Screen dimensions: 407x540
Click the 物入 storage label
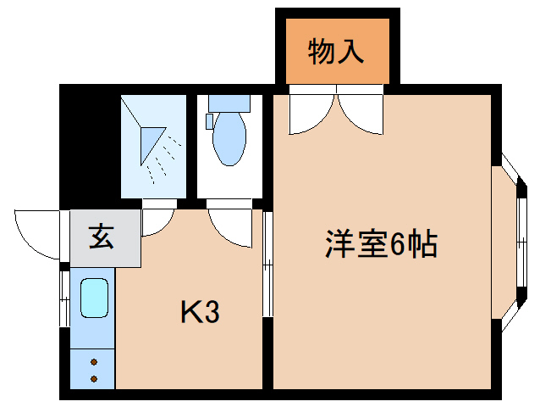337,53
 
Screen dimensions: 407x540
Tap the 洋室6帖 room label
381,245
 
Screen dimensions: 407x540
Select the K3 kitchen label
200,313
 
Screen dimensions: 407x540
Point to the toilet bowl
229,138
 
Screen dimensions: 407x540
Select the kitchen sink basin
93,299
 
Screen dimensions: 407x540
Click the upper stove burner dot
93,362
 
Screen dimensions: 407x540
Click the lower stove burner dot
93,378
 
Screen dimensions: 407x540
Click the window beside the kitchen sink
64,297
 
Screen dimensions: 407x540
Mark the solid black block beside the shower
88,144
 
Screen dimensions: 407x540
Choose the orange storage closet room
337,51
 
